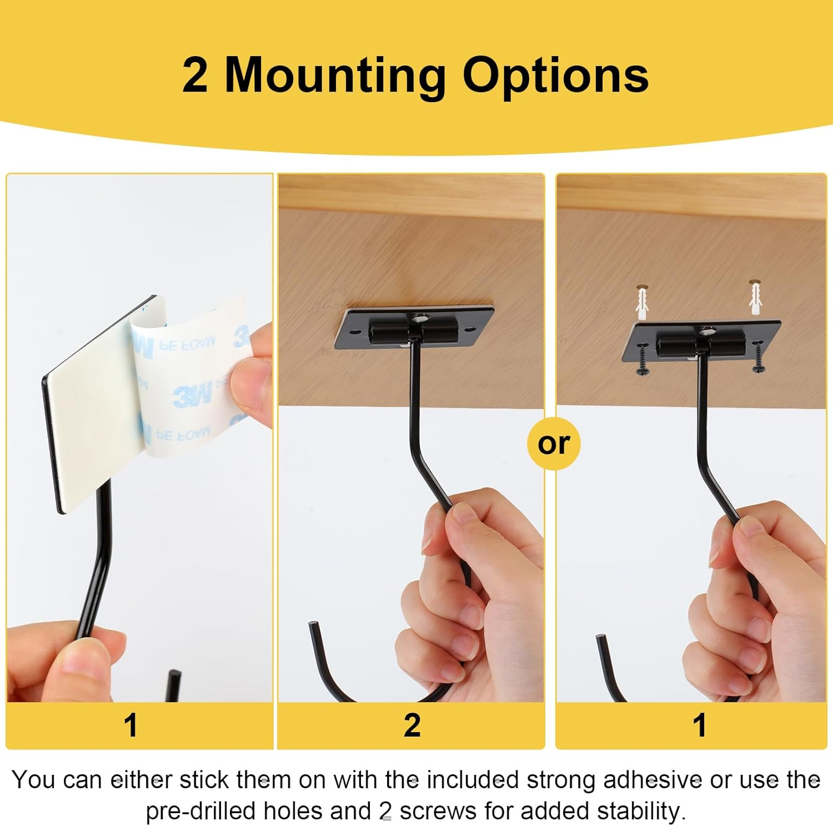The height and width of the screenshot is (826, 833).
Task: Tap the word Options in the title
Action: point(555,75)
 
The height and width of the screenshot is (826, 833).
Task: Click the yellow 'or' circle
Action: point(554,443)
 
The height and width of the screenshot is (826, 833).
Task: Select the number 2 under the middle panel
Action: point(412,725)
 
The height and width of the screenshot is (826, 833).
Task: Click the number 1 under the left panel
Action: point(131,725)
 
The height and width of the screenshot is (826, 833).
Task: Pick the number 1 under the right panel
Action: point(699,725)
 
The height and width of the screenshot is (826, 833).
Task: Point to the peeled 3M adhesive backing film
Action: point(189,378)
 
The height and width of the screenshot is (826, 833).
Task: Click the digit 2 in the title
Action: point(195,76)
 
